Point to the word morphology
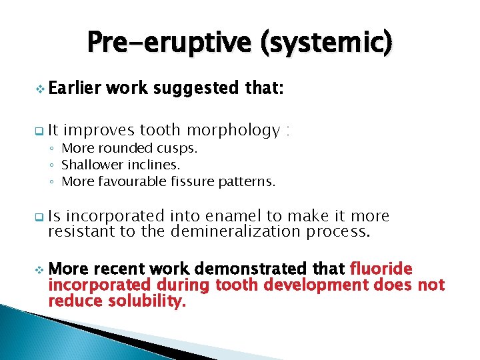[x=235, y=130]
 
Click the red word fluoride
[x=381, y=269]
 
